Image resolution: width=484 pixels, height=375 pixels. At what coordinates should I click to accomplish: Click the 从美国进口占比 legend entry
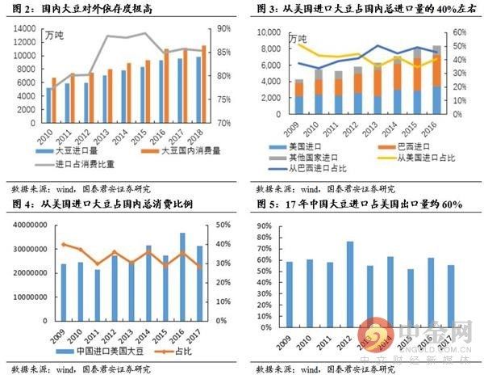(x=411, y=157)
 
